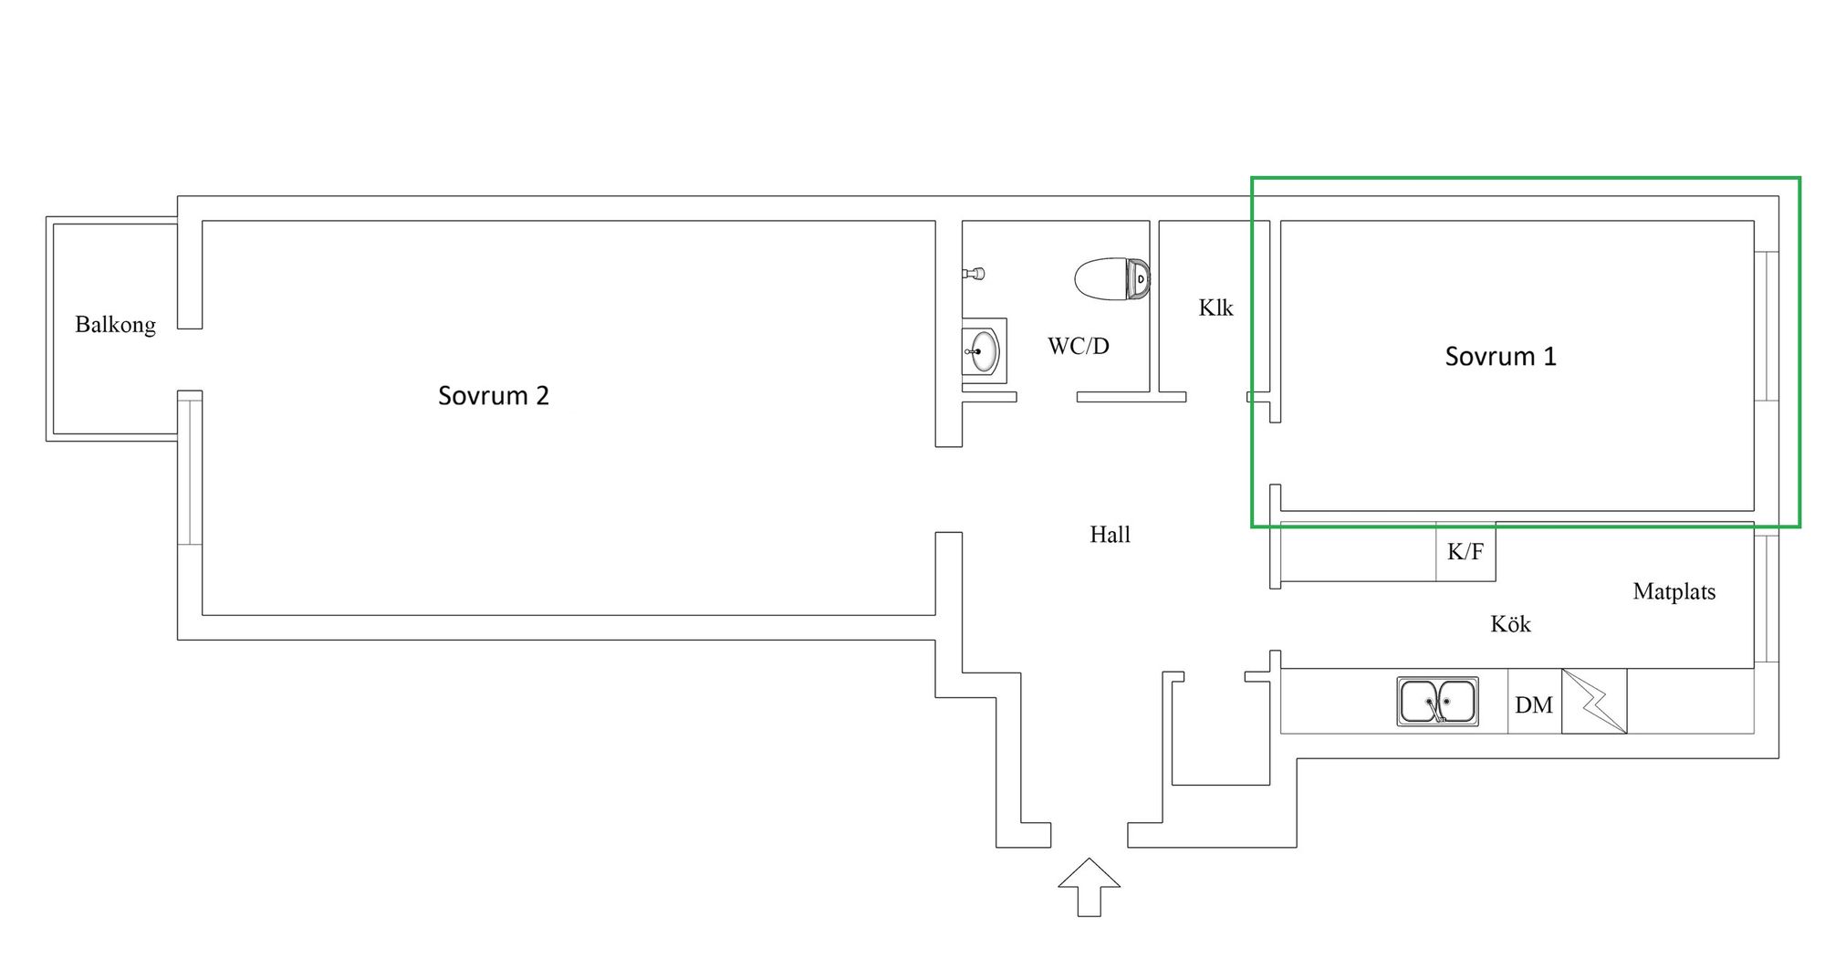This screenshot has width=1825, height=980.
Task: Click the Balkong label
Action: tap(115, 325)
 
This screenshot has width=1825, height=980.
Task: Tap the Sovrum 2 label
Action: tap(493, 396)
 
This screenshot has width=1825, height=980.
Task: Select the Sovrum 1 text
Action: tap(1500, 357)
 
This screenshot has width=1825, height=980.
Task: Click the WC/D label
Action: tap(1078, 347)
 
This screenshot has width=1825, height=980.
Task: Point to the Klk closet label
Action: tap(1215, 308)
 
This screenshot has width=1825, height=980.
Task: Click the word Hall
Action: tap(1110, 535)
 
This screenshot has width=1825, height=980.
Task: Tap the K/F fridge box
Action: tap(1465, 552)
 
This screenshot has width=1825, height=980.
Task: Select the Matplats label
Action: tap(1674, 592)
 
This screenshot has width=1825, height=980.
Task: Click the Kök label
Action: tap(1510, 624)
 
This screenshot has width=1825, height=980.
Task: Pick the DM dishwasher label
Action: tap(1533, 705)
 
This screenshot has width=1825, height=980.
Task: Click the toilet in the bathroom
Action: tap(1111, 279)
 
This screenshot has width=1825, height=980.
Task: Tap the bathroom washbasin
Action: tap(984, 351)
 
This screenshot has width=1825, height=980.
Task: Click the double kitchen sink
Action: tap(1437, 702)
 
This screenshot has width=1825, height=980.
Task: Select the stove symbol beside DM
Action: tap(1593, 702)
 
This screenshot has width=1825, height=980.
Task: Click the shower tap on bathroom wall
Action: tap(974, 273)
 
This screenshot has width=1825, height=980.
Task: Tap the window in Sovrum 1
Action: tap(1767, 326)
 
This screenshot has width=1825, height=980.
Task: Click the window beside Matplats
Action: tap(1767, 599)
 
